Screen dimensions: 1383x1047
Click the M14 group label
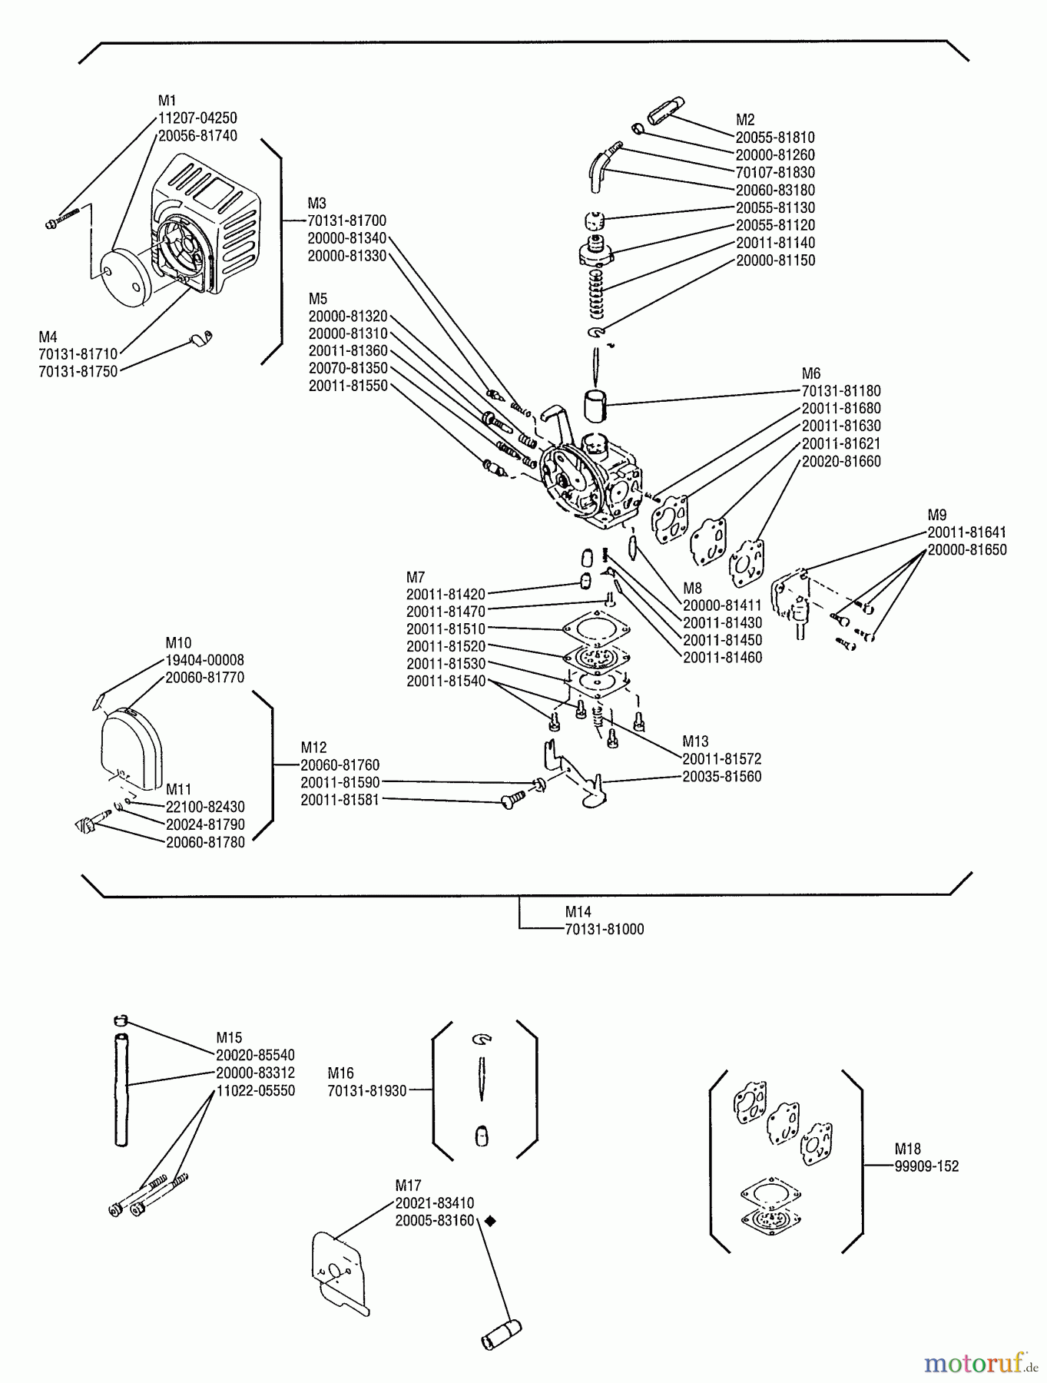point(578,912)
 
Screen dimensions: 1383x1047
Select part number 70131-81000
point(604,930)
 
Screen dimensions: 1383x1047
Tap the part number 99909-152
point(926,1166)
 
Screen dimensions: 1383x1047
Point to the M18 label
point(907,1149)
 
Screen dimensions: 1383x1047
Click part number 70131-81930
point(366,1091)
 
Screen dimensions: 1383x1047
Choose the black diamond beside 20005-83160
point(489,1221)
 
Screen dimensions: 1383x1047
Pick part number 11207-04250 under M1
point(197,118)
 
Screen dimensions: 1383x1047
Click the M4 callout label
point(48,337)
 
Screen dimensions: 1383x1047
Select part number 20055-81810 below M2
point(775,138)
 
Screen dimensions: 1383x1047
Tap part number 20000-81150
point(775,260)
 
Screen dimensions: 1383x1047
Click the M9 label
point(937,515)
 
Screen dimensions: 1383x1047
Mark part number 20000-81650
point(966,550)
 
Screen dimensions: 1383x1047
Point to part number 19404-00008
point(204,661)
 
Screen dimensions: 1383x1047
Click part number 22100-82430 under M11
point(205,808)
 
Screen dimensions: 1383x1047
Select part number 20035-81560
point(721,777)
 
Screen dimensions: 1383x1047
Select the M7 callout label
point(416,577)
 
